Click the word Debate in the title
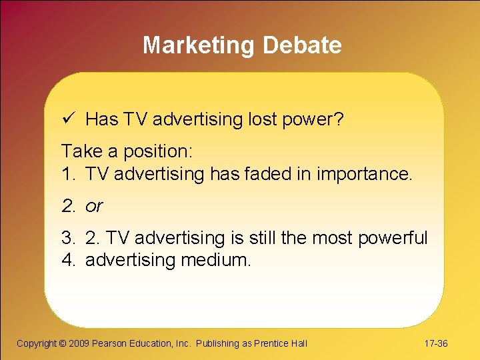point(302,45)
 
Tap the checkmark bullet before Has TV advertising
point(67,119)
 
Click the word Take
point(79,151)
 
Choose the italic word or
point(94,207)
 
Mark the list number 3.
point(68,238)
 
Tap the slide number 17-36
point(436,343)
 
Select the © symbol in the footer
point(63,343)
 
